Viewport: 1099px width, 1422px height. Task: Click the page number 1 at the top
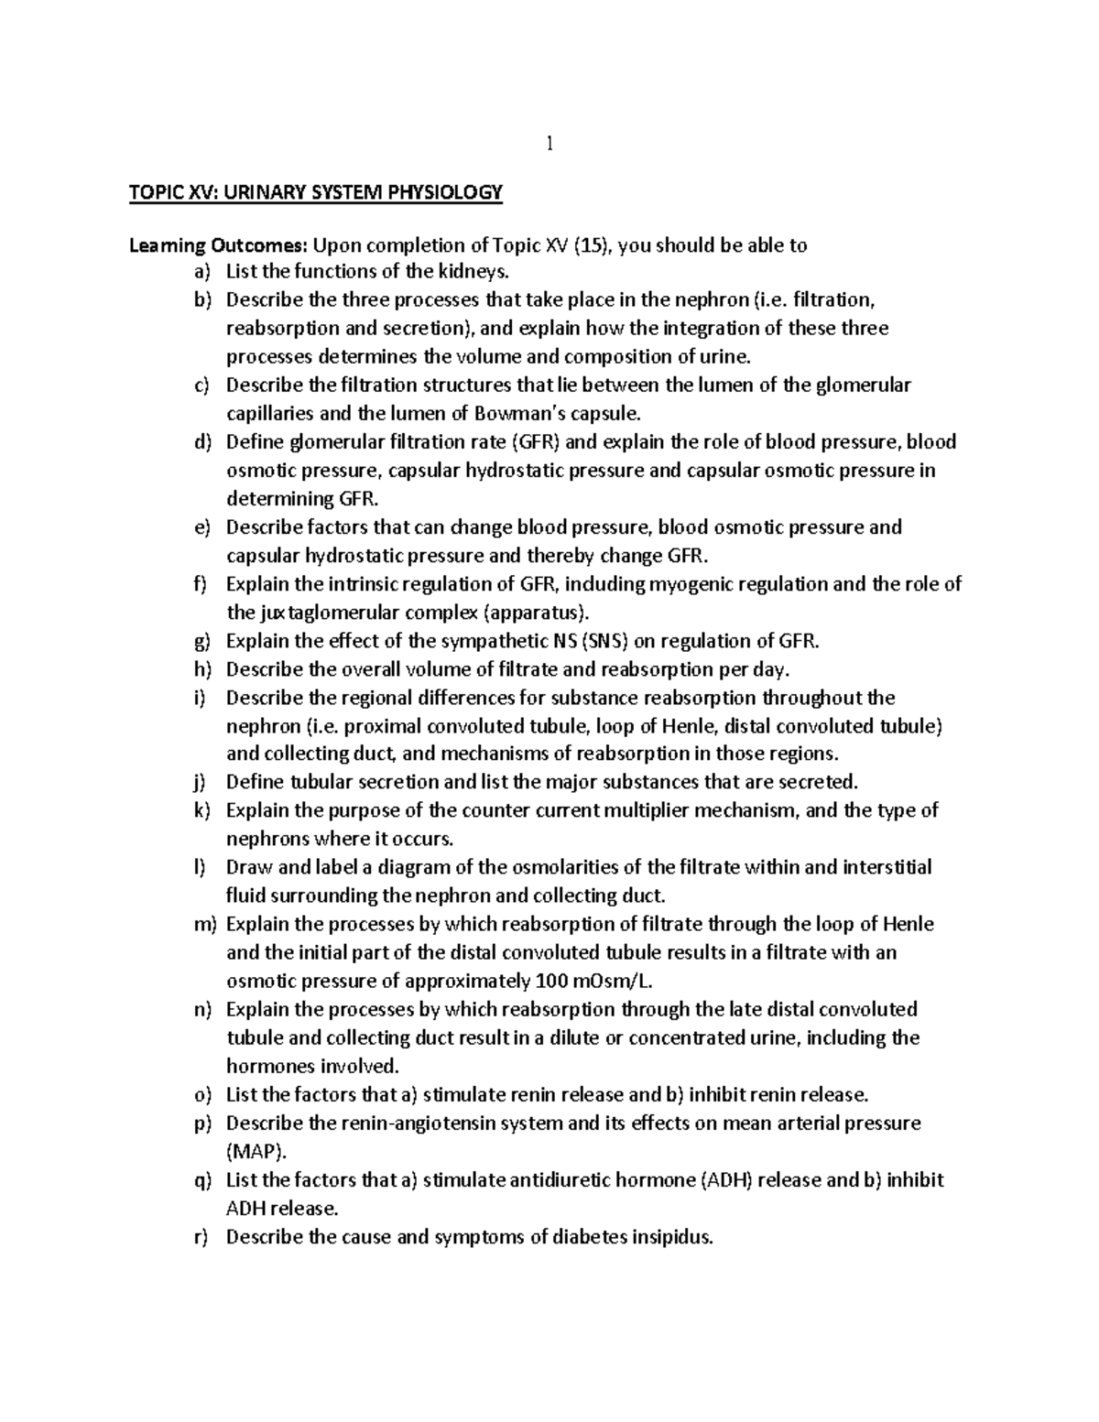click(549, 144)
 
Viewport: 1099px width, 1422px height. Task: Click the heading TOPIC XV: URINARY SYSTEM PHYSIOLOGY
click(316, 192)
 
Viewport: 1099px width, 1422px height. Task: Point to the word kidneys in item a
click(471, 272)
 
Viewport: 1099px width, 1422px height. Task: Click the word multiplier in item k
click(635, 811)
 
